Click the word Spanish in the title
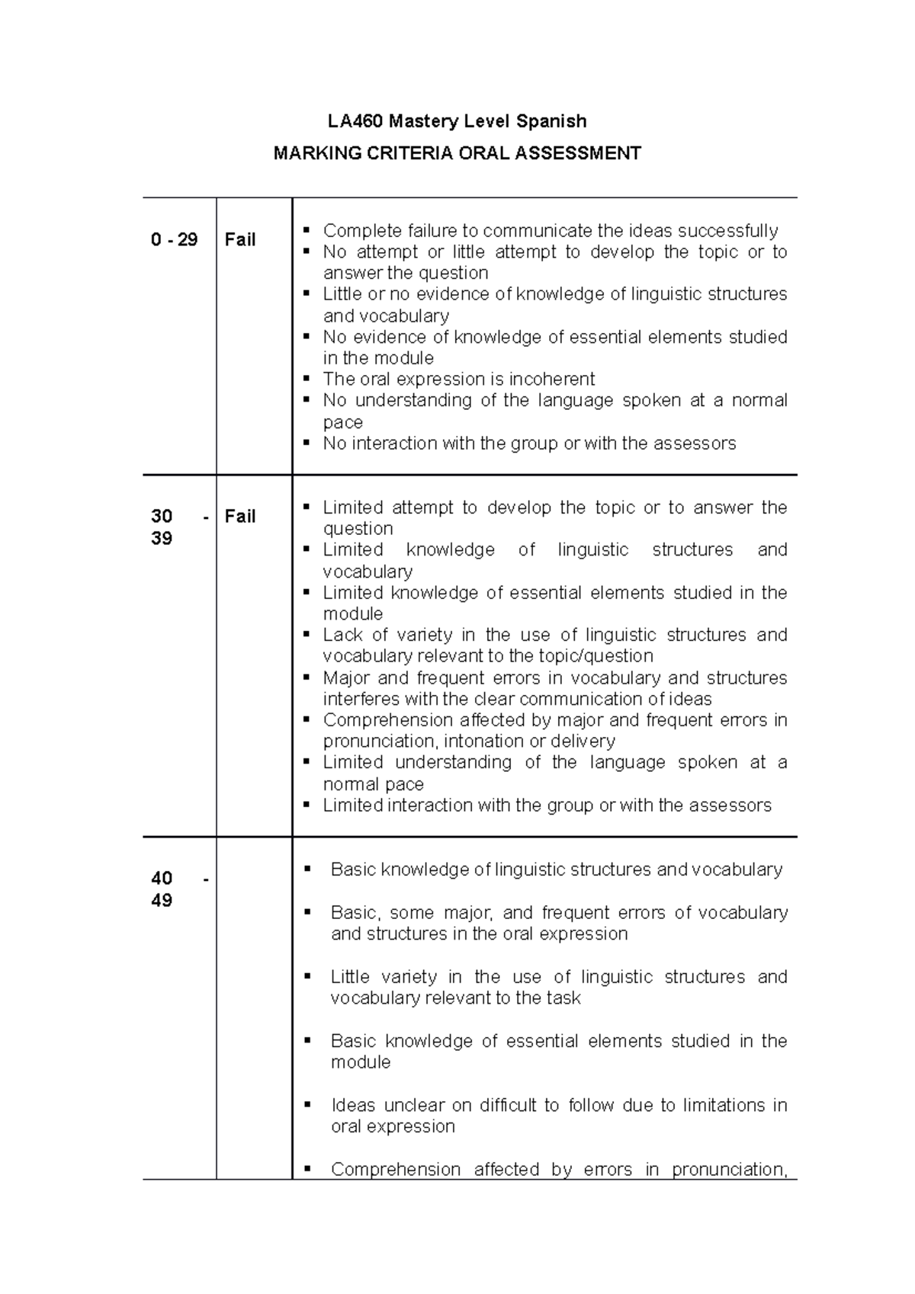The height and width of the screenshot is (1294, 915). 551,121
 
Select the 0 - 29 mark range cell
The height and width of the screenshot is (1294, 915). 174,240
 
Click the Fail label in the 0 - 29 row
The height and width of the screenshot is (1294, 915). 239,240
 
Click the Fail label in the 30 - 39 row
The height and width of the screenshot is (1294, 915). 239,517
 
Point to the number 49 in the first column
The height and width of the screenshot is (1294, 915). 162,901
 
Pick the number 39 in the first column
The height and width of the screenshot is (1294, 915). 162,539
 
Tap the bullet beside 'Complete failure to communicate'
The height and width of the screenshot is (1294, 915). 307,230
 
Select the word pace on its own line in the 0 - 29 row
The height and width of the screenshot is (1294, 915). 342,422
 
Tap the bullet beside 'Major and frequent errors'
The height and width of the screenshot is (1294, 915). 307,677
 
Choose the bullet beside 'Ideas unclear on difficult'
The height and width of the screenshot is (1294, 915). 307,1104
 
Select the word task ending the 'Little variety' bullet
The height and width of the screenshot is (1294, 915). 563,998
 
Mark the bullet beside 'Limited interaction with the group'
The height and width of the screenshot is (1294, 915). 307,805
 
